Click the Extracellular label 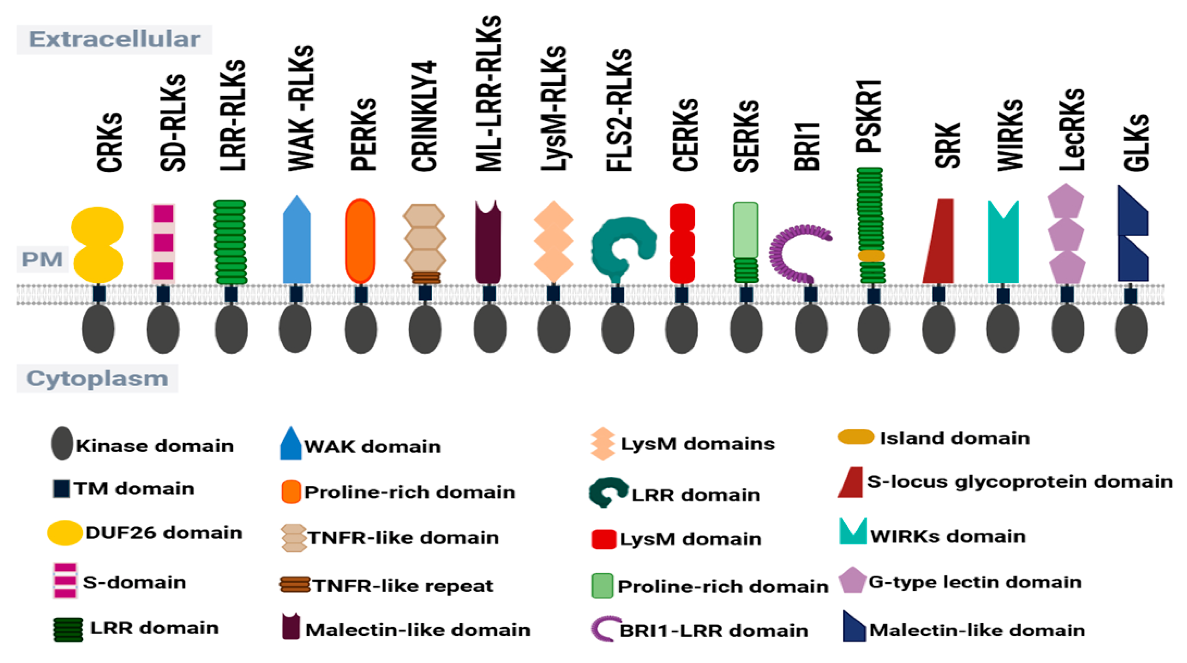pos(114,39)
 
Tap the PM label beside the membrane pos(42,259)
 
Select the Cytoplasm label pos(97,378)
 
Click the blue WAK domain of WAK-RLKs pos(296,244)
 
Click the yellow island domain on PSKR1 pos(870,255)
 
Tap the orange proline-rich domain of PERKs pos(360,241)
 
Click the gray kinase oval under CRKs pos(98,329)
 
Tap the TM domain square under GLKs pos(1130,296)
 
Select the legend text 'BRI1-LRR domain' pos(713,631)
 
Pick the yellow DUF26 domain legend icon pos(64,533)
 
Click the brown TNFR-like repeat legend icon pos(295,585)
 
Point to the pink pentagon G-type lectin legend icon pos(852,581)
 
